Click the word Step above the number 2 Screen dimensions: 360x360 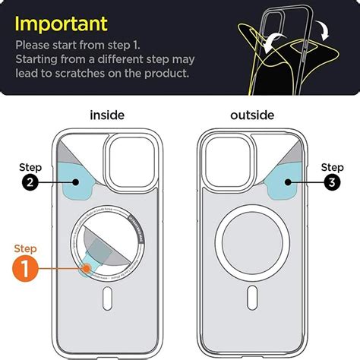[x=30, y=166]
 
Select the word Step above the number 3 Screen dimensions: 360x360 [x=331, y=166]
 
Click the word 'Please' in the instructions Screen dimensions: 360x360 [x=39, y=43]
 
